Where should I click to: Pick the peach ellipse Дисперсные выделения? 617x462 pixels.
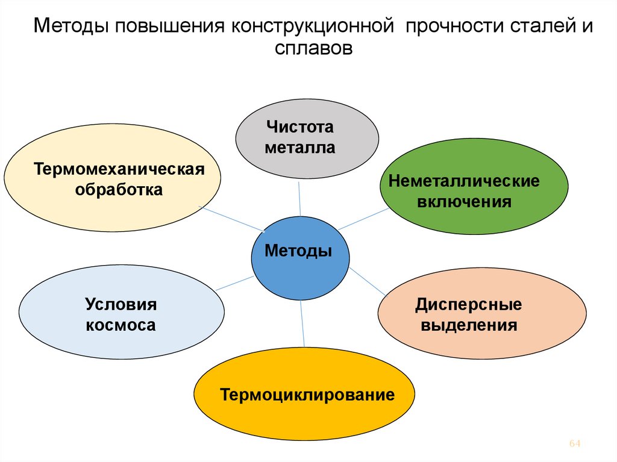coord(481,314)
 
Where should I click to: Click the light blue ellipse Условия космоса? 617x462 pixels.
coord(121,314)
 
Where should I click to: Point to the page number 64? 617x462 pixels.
coord(574,444)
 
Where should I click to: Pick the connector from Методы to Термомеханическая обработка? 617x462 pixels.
coord(232,219)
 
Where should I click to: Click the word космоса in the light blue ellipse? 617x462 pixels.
coord(121,326)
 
